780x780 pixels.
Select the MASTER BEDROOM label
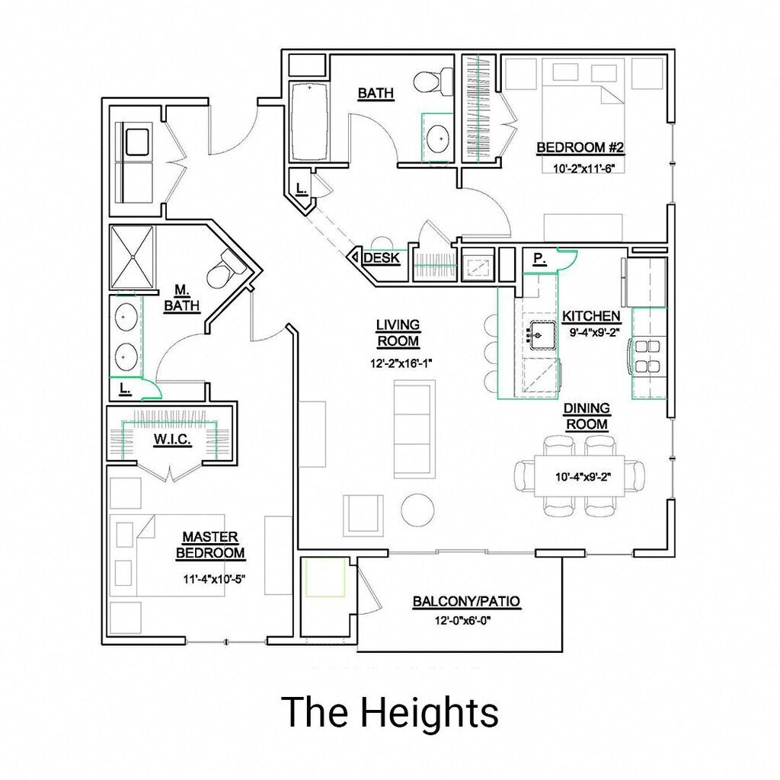point(210,545)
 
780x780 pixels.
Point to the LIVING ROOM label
point(398,334)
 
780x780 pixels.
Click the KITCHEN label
point(591,316)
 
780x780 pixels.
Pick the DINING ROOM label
point(587,416)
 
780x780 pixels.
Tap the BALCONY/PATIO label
point(466,602)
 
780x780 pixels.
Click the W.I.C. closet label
point(172,441)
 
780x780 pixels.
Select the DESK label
point(382,258)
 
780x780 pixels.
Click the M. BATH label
point(181,298)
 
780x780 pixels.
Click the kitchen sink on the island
point(542,334)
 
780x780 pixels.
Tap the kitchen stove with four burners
point(647,355)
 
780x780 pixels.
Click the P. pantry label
point(539,259)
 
